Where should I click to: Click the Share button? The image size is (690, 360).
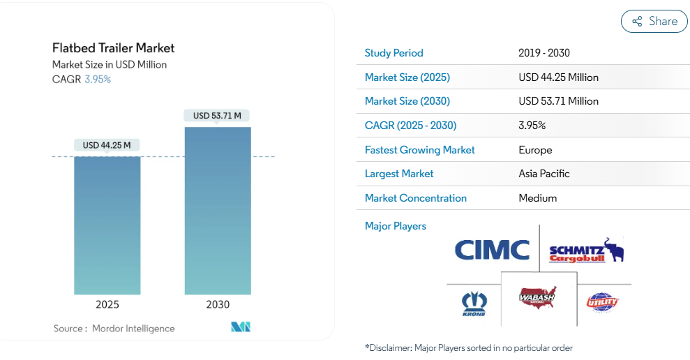(x=654, y=22)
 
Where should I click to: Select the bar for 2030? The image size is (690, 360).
(x=218, y=210)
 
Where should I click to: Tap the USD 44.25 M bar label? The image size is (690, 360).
(x=107, y=145)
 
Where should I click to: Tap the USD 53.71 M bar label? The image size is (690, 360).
(x=217, y=115)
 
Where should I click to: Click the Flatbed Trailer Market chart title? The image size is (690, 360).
(x=113, y=48)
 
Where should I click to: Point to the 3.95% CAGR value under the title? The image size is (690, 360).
(x=98, y=79)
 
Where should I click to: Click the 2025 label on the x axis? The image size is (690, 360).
(x=107, y=305)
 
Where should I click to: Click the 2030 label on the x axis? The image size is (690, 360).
(x=218, y=305)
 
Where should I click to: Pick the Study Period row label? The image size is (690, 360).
(x=393, y=53)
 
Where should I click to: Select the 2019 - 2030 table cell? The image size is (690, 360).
(x=544, y=53)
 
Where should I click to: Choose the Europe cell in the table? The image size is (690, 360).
(x=535, y=150)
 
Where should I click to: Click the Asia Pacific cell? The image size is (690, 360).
(x=544, y=174)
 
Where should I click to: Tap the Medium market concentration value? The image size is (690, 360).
(x=538, y=198)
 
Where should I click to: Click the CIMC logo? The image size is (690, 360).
(x=492, y=250)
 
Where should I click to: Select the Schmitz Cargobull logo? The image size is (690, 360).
(x=586, y=251)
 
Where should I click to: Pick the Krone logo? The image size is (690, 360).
(x=474, y=304)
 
